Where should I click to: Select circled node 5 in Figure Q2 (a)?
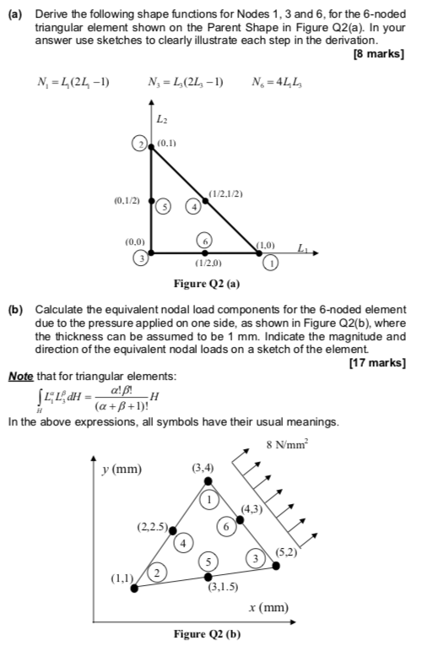pos(167,206)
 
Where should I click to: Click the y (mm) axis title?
pos(122,469)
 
